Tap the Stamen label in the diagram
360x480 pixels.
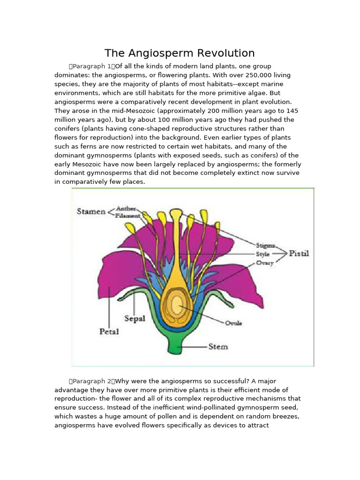(x=91, y=211)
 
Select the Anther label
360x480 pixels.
(x=126, y=208)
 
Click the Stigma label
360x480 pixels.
(x=266, y=245)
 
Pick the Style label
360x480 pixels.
(x=263, y=254)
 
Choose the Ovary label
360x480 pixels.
(x=264, y=263)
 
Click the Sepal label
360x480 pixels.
(x=135, y=318)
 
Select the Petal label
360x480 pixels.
(x=109, y=331)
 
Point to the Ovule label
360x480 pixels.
(x=233, y=323)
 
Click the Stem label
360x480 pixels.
(x=218, y=347)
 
